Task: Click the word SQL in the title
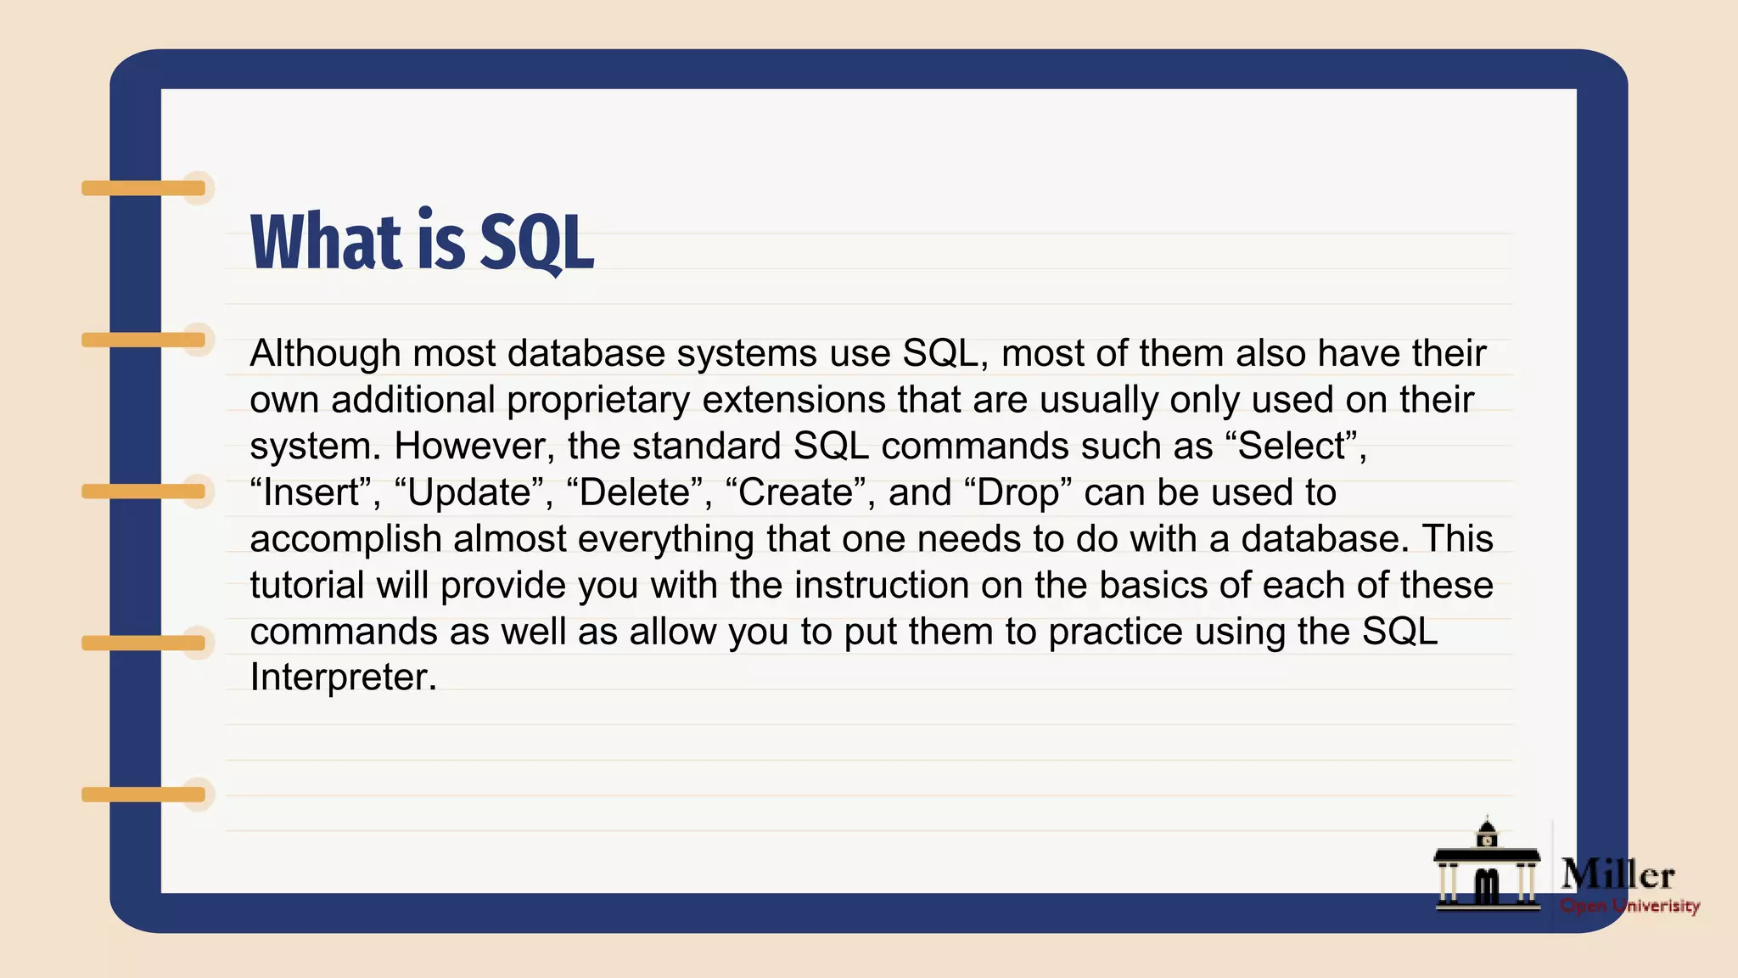[536, 243]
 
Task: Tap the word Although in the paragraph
[325, 354]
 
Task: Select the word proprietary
[598, 400]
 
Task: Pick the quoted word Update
[469, 493]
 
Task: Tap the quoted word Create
[796, 493]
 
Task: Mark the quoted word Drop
[1018, 493]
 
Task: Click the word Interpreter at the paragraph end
[343, 677]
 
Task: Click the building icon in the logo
[1487, 870]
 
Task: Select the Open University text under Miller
[1629, 906]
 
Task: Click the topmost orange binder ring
[144, 188]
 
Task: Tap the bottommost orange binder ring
[144, 795]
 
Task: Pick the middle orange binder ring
[144, 492]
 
